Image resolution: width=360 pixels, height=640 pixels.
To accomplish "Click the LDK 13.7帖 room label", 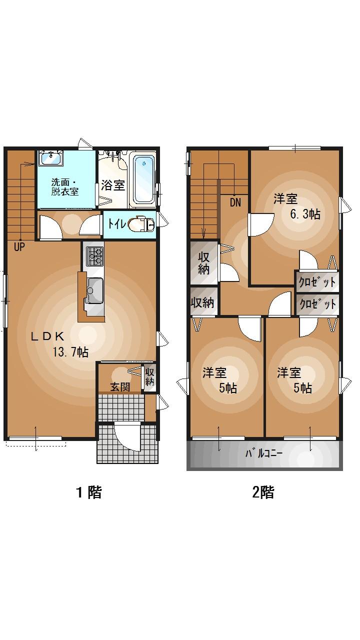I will pos(60,344).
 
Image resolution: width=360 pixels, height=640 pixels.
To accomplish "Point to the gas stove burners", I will pos(94,255).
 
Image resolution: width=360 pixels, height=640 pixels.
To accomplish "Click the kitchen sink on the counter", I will pos(94,290).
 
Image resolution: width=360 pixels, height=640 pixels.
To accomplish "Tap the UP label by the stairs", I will pos(19,246).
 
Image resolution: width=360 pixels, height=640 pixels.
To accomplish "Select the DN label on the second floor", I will pos(235,202).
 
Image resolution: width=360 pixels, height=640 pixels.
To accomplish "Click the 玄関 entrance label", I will pos(120,386).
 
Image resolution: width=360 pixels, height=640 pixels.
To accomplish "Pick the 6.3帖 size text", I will pos(305,214).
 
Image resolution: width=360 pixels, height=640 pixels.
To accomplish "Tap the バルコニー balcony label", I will pos(264,454).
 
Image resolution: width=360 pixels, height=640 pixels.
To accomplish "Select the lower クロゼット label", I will pos(317,304).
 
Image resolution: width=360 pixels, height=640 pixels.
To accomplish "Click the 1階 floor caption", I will pos(89,492).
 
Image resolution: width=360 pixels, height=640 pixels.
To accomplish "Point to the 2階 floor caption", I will pos(263,492).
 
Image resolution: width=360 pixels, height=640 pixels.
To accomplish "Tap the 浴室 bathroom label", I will pos(113,185).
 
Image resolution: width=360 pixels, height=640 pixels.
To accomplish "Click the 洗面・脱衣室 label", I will pos(65,186).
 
